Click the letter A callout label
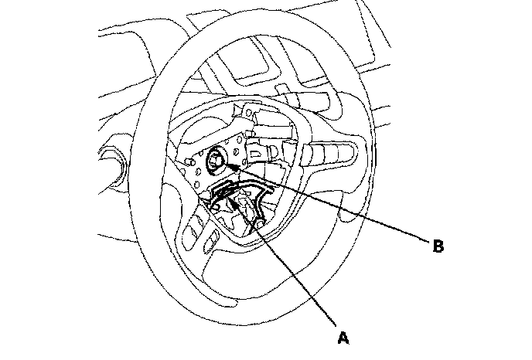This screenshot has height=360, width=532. pos(342,336)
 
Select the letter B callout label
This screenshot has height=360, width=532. pos(437,247)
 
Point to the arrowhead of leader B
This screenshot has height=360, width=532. pos(224,165)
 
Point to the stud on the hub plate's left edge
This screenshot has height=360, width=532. pos(187,163)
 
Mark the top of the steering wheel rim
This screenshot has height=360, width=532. pos(255,23)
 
